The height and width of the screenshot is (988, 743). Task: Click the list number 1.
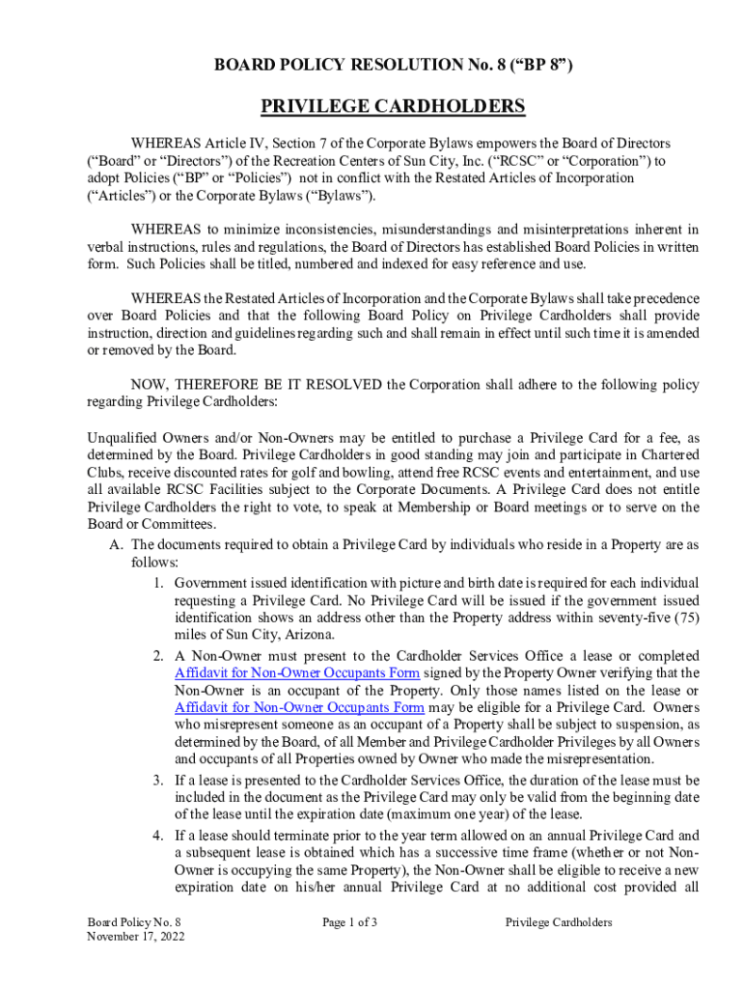(158, 584)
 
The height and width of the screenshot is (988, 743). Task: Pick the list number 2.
(158, 655)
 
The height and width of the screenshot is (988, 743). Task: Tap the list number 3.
(158, 780)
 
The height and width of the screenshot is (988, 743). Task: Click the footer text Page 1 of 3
(349, 922)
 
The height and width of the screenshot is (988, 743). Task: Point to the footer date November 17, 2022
(136, 936)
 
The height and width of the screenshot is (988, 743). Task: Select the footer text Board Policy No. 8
(134, 922)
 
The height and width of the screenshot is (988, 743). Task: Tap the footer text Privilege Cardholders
(559, 922)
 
